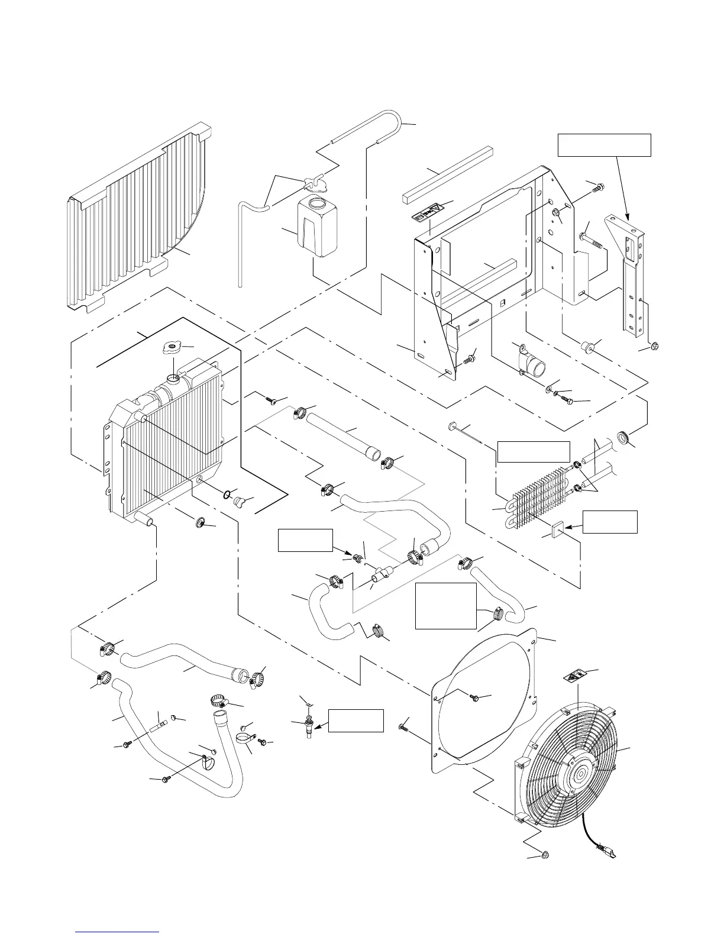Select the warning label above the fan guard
576,676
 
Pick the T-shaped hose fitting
381,573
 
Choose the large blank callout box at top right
605,145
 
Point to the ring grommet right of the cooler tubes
622,438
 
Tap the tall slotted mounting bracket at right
630,278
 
